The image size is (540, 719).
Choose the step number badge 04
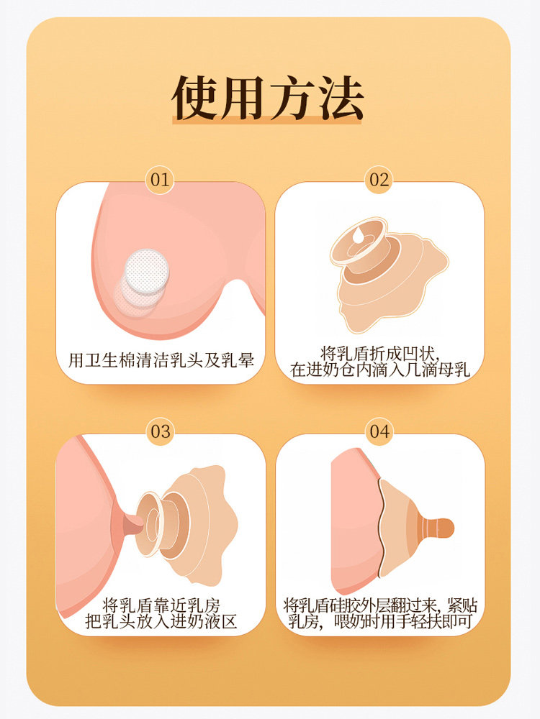[x=379, y=431]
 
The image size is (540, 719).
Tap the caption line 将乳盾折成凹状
[x=379, y=353]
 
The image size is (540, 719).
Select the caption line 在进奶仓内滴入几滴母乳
[x=379, y=370]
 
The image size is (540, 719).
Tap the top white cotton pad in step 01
[x=146, y=267]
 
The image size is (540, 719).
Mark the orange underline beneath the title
[x=268, y=122]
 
